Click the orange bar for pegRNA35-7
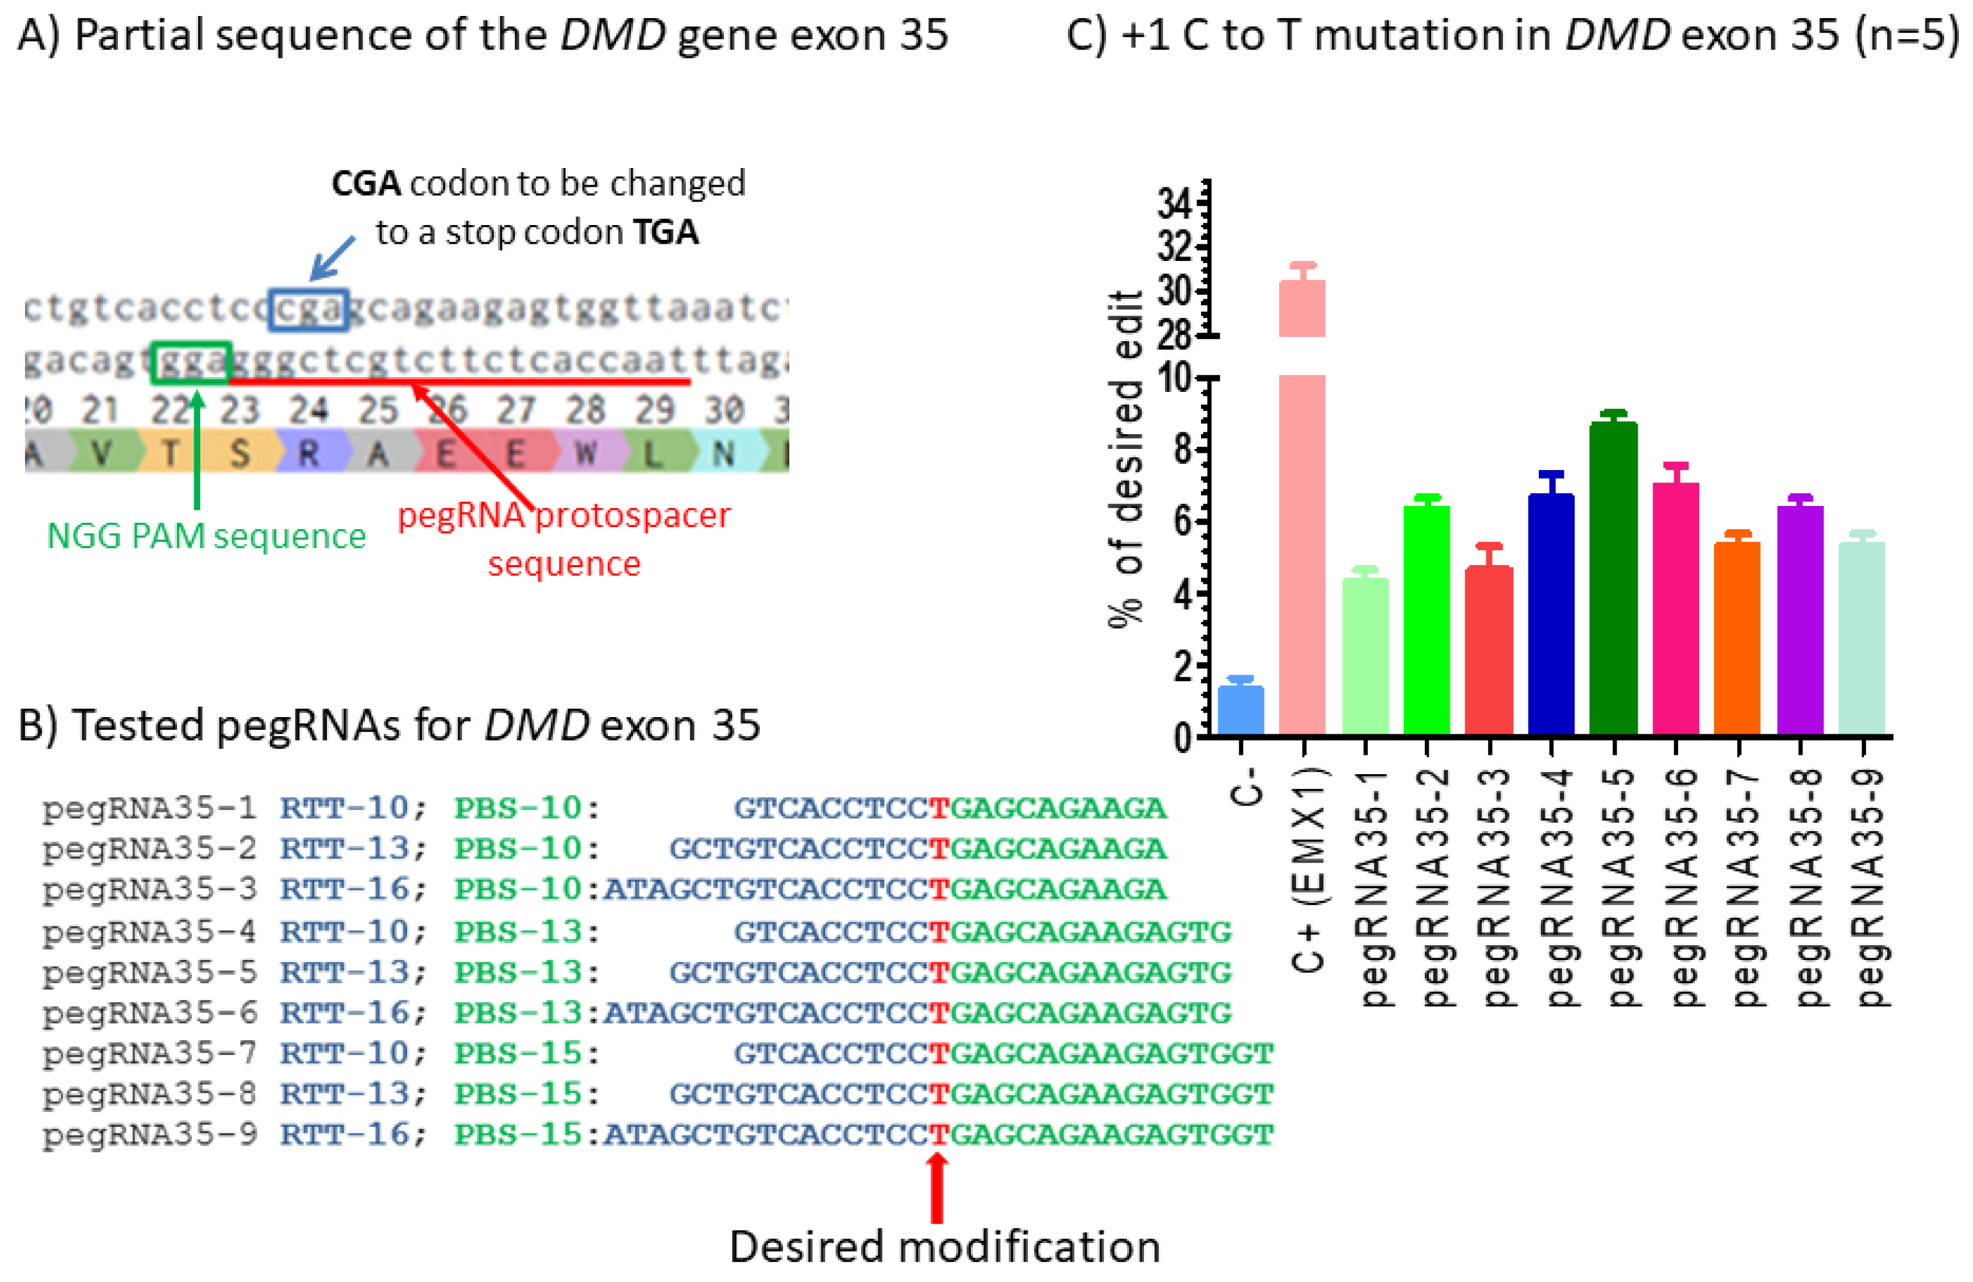1737,639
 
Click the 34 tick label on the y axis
1175,203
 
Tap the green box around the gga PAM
190,362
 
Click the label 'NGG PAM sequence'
206,537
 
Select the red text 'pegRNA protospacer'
564,516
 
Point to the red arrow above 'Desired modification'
937,1188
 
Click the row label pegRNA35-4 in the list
149,932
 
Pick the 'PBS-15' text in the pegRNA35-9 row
518,1134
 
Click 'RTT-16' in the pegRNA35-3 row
344,889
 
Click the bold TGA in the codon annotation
665,232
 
